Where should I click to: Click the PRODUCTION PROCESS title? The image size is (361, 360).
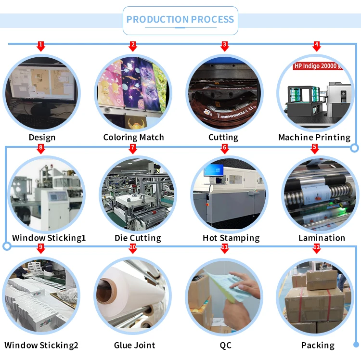(180, 20)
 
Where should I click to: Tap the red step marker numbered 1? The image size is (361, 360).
(41, 46)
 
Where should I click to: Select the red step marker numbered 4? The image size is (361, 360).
(316, 46)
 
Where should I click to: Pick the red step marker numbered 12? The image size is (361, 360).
(316, 248)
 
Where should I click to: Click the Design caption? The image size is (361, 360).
(42, 137)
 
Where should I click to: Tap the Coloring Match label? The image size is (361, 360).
(133, 137)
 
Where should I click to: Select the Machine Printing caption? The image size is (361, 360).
(314, 137)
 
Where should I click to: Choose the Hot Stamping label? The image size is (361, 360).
(231, 238)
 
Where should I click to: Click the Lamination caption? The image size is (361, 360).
(322, 238)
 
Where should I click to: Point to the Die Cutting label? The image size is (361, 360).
(138, 238)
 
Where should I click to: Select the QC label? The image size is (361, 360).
(226, 345)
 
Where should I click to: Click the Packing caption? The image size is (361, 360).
(318, 345)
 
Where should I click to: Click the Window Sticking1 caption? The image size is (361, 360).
(49, 238)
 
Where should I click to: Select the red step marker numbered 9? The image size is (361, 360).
(41, 248)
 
